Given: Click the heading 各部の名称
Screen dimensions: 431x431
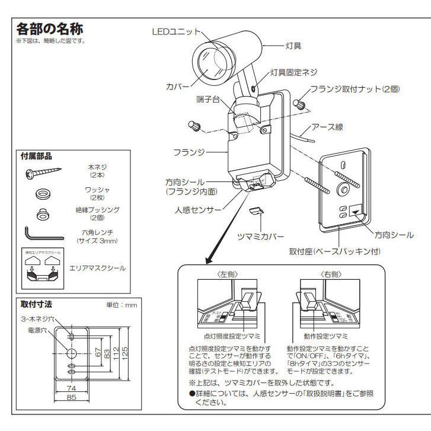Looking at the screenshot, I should point(52,29).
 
